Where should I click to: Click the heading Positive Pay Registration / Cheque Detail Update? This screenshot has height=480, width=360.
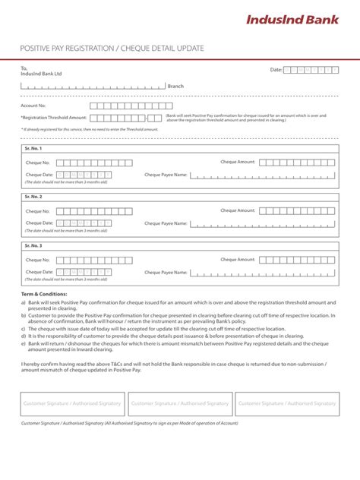[x=112, y=49]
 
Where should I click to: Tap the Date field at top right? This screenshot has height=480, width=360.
[x=311, y=70]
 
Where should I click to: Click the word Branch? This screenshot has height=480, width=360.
[x=175, y=87]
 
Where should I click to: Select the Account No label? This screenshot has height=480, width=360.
[x=33, y=106]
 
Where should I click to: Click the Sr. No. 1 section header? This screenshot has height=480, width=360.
[x=33, y=149]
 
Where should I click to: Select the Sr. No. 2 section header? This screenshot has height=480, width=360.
[x=33, y=197]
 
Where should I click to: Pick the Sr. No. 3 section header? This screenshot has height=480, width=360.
[x=33, y=245]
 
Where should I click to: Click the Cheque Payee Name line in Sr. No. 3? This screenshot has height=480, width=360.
[x=263, y=273]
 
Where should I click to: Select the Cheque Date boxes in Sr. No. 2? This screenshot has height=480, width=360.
[x=84, y=223]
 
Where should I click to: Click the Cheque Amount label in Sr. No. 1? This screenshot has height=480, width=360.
[x=238, y=162]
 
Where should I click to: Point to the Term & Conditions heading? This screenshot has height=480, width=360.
[x=44, y=293]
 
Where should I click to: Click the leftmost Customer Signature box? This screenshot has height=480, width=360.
[x=73, y=403]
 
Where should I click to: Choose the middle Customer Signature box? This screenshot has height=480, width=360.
[x=180, y=403]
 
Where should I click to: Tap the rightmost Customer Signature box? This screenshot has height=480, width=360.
[x=286, y=403]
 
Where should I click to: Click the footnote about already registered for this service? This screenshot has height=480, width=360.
[x=90, y=129]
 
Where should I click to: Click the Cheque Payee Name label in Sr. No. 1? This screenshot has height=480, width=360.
[x=166, y=175]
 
